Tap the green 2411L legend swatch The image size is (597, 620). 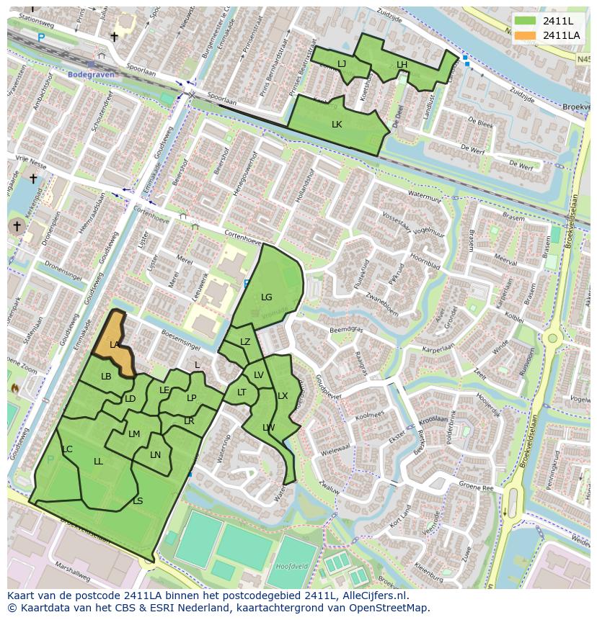pyautogui.click(x=526, y=21)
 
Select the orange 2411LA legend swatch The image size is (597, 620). pyautogui.click(x=526, y=35)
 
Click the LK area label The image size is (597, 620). pyautogui.click(x=337, y=124)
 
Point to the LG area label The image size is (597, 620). pyautogui.click(x=267, y=297)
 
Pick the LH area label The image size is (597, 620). pyautogui.click(x=402, y=65)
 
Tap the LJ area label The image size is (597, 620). pyautogui.click(x=342, y=64)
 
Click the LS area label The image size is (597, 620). pyautogui.click(x=138, y=501)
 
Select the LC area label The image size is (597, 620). pyautogui.click(x=67, y=449)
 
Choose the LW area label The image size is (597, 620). pyautogui.click(x=269, y=427)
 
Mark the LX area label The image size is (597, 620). pyautogui.click(x=283, y=396)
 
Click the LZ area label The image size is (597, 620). pyautogui.click(x=245, y=342)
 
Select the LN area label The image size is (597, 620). pyautogui.click(x=156, y=454)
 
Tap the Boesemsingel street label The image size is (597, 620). pyautogui.click(x=180, y=336)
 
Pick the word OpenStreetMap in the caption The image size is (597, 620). pyautogui.click(x=394, y=608)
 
